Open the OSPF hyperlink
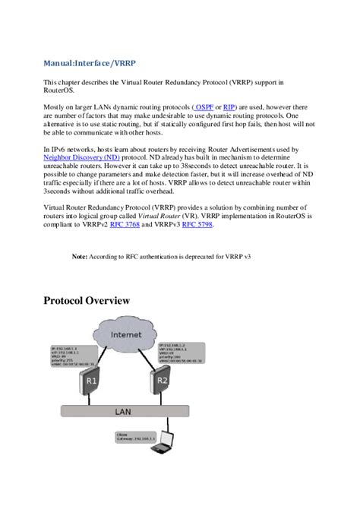[203, 108]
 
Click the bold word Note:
[80, 258]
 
